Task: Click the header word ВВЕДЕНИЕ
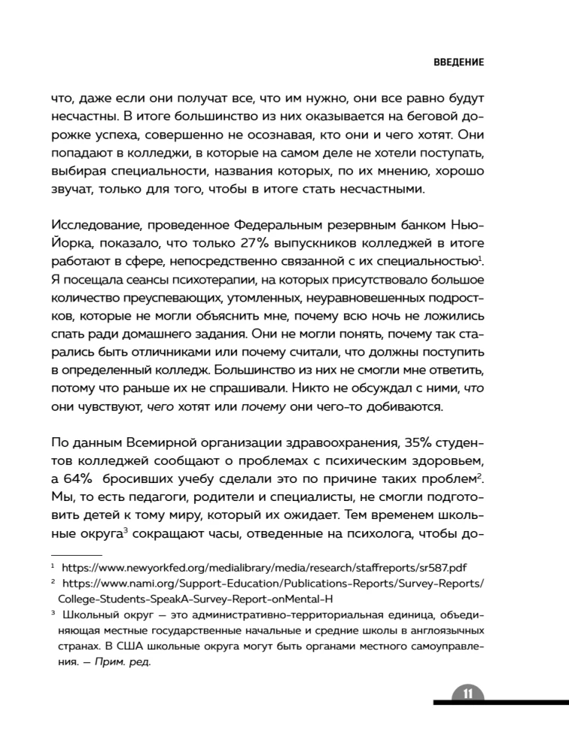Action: click(x=459, y=62)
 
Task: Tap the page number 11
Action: click(x=466, y=693)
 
